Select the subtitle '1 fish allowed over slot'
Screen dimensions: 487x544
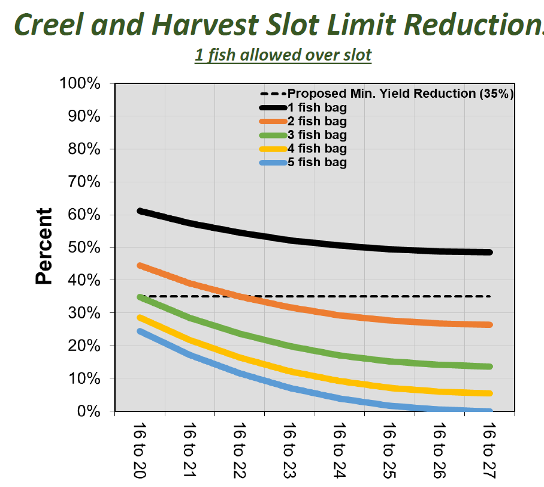pyautogui.click(x=283, y=55)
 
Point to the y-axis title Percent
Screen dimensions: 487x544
pyautogui.click(x=44, y=246)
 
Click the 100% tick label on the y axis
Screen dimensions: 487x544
pyautogui.click(x=80, y=83)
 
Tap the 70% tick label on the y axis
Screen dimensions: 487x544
pyautogui.click(x=83, y=182)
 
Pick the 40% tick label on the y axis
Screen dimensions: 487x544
pyautogui.click(x=83, y=280)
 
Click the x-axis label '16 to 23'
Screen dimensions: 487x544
pyautogui.click(x=290, y=450)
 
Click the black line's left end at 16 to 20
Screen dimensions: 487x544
pyautogui.click(x=140, y=211)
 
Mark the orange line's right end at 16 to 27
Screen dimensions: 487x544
pyautogui.click(x=489, y=325)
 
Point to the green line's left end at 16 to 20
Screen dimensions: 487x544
pyautogui.click(x=140, y=297)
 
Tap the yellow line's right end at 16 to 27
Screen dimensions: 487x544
pyautogui.click(x=489, y=393)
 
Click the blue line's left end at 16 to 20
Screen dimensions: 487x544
pyautogui.click(x=140, y=331)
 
